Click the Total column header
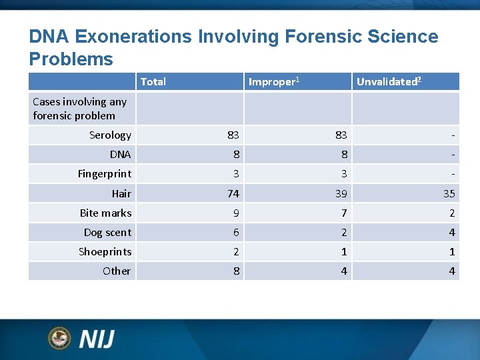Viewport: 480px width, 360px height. tap(153, 82)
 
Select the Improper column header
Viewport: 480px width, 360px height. tap(273, 82)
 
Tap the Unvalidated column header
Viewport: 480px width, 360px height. tap(388, 82)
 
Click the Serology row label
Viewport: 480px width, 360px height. tap(110, 135)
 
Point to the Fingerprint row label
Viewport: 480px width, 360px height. tap(104, 174)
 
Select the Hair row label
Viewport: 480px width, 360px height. tap(121, 194)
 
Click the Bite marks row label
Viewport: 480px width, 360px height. tap(105, 213)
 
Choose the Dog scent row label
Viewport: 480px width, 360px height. tap(107, 233)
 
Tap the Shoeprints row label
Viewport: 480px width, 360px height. tap(105, 252)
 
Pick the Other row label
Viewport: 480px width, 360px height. tap(117, 271)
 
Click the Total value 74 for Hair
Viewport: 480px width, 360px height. tap(233, 194)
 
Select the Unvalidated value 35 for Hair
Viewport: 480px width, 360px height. tap(449, 194)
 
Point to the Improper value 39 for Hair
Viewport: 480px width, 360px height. tap(341, 194)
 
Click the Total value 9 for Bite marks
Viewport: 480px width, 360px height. tap(236, 213)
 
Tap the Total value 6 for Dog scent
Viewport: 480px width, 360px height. tap(236, 233)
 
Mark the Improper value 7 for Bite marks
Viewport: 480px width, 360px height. tap(344, 213)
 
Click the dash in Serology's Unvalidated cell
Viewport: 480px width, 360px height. tap(453, 135)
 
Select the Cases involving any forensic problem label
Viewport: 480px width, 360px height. tap(79, 109)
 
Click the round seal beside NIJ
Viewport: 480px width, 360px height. tap(59, 338)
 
